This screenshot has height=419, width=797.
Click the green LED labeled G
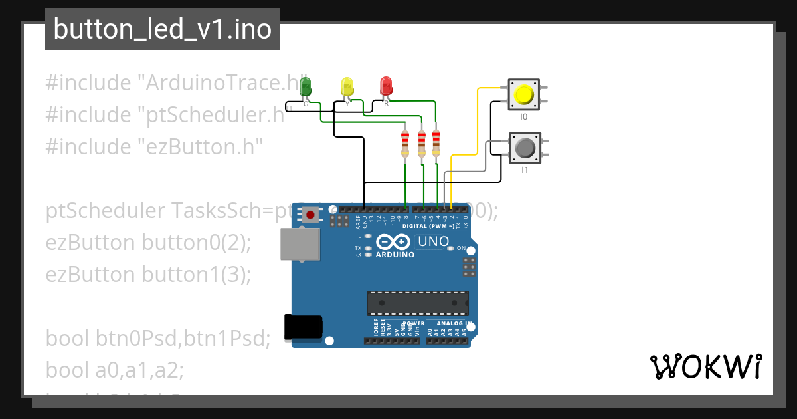tap(306, 87)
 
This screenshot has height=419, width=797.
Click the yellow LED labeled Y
tap(347, 87)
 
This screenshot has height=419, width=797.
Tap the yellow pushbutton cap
tap(524, 94)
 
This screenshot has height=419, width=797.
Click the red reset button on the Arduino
tap(310, 214)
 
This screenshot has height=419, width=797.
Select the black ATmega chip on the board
tap(418, 303)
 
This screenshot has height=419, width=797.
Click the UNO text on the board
tap(434, 242)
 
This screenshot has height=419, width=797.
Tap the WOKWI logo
tap(705, 366)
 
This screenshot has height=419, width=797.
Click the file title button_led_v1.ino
tap(163, 29)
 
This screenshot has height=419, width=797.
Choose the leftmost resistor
tap(405, 145)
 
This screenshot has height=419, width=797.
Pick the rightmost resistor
tap(436, 144)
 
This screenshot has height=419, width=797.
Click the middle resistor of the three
tap(421, 145)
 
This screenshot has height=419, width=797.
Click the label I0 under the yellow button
tap(523, 117)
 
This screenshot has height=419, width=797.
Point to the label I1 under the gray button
tap(524, 170)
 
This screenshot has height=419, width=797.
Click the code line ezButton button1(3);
tap(148, 274)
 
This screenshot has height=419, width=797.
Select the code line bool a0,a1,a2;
tap(114, 370)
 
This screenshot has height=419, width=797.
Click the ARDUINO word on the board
tap(395, 255)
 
